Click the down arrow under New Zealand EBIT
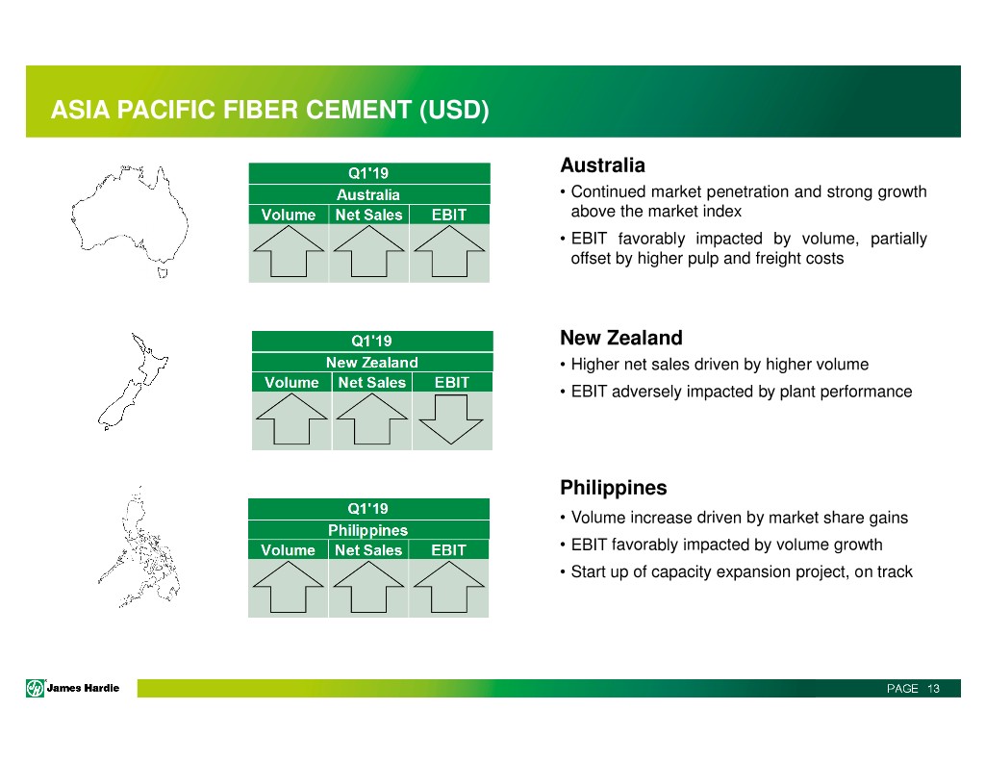pos(451,419)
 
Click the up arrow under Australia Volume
pos(289,251)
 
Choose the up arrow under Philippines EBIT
pos(448,586)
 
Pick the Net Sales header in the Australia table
pos(368,215)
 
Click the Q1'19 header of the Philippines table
pos(368,508)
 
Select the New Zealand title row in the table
pos(372,363)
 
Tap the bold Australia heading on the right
pos(602,165)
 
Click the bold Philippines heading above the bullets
pos(613,488)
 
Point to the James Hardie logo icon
pos(36,688)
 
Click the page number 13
pos(933,689)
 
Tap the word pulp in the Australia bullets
pos(703,259)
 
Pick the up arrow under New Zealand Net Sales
pos(372,419)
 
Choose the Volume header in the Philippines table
pos(289,550)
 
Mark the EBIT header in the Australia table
pos(449,215)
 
